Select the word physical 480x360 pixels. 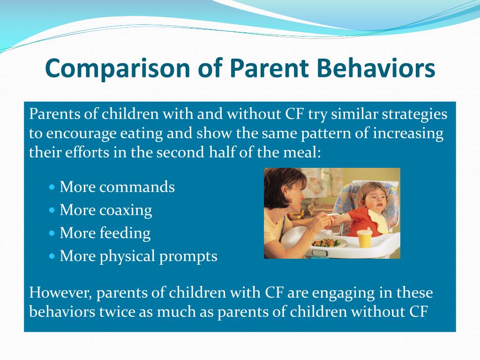(x=127, y=256)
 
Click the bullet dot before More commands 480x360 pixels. (x=52, y=187)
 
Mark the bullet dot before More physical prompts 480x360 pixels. (x=52, y=256)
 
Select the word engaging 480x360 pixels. (x=343, y=293)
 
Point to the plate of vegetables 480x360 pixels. (x=329, y=243)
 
